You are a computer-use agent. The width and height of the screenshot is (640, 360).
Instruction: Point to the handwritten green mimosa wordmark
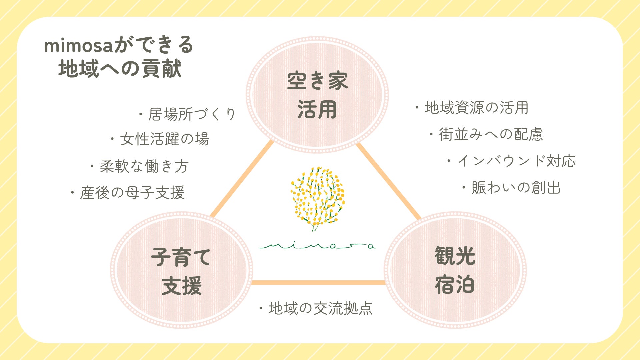(317, 246)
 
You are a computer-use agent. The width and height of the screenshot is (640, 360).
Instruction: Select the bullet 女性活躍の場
(160, 139)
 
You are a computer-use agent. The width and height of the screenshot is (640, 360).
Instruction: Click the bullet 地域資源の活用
(471, 108)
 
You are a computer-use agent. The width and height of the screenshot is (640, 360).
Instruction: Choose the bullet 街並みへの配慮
(486, 134)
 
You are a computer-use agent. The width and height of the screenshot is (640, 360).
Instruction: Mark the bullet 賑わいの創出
(511, 188)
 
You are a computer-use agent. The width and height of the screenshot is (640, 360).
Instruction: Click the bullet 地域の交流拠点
(316, 308)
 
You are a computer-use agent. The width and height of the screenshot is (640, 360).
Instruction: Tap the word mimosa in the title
(79, 46)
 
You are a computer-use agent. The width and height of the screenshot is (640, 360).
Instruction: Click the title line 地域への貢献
(120, 69)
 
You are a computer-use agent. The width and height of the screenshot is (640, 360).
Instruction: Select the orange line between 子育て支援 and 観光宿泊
(318, 283)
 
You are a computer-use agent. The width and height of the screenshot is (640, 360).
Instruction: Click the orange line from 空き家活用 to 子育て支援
(242, 180)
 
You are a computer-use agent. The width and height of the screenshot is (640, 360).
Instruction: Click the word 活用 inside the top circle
(317, 110)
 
